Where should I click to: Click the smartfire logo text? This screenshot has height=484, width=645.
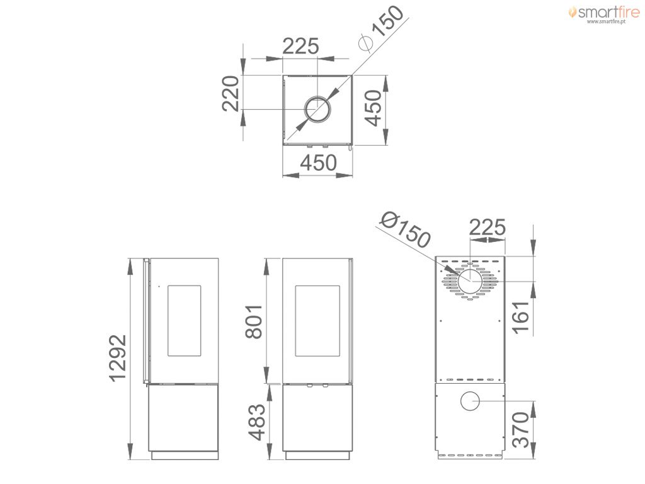point(608,12)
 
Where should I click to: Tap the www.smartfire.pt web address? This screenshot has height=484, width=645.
point(606,21)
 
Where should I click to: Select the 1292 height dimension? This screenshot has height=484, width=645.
point(118,358)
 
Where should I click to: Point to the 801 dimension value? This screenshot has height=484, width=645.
point(254,322)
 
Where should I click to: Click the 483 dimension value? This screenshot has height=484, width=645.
point(258,422)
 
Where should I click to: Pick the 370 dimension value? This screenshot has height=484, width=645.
point(521,430)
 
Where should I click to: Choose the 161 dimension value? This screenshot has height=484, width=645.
point(521,317)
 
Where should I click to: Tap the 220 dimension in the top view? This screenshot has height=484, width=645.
point(231,93)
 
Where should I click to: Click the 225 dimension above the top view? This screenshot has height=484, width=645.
point(300,46)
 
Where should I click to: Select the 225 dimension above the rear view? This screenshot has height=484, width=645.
point(487,227)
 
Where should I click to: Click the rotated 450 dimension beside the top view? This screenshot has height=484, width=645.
point(374,108)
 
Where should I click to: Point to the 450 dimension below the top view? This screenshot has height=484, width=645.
point(318,163)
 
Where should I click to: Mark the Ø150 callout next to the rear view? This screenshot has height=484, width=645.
point(405,229)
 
